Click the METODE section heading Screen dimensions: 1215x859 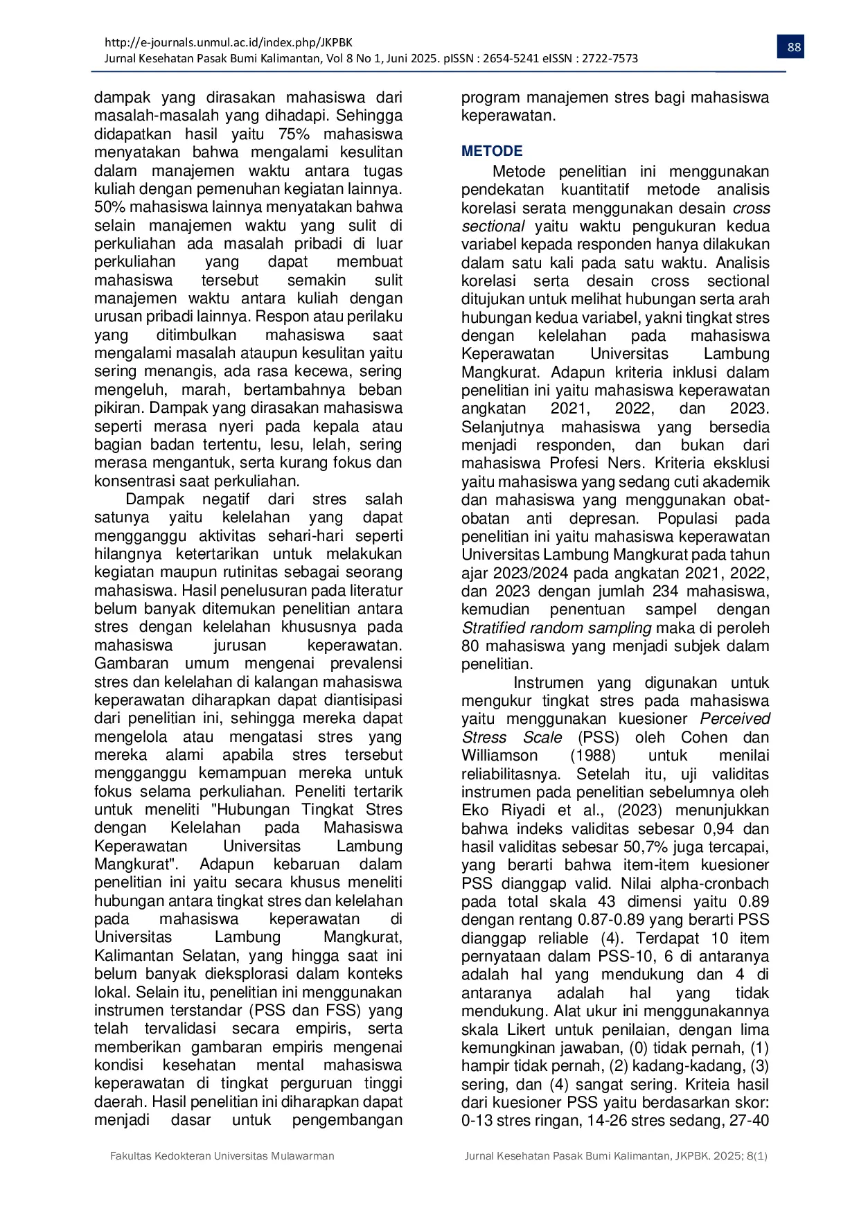tap(492, 151)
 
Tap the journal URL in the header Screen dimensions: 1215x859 tap(228, 42)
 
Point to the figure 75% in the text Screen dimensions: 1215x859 tap(293, 134)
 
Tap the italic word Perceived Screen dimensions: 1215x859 tap(734, 719)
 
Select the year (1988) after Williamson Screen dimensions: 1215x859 tap(593, 756)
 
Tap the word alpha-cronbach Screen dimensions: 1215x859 tap(714, 884)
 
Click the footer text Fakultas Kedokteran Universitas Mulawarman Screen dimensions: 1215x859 tap(222, 1156)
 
